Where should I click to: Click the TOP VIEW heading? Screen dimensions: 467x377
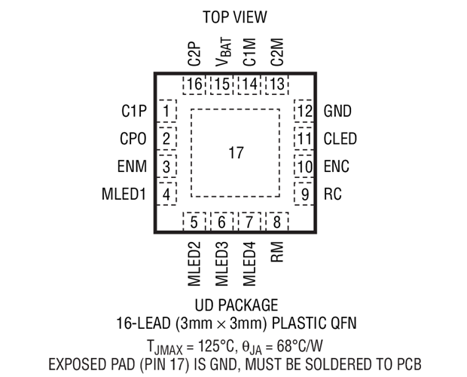tap(235, 17)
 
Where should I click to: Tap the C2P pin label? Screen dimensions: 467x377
tap(194, 54)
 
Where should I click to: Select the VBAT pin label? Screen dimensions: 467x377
tap(223, 52)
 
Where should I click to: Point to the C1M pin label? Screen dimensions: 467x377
tap(249, 52)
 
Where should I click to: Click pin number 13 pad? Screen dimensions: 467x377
tap(276, 84)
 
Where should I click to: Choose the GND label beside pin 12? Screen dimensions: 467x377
tap(337, 111)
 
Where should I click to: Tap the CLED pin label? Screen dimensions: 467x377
tap(340, 139)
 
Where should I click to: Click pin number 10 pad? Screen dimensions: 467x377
tap(304, 167)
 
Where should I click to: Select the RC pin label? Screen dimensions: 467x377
tap(333, 195)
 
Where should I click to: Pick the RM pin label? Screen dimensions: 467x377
tap(277, 252)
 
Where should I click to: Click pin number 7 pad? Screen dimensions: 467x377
tap(249, 222)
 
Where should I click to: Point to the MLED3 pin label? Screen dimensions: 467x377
tap(221, 264)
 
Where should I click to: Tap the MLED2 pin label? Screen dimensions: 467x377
tap(194, 264)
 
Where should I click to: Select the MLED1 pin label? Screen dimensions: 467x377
tap(124, 195)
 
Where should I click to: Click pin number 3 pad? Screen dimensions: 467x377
tap(166, 167)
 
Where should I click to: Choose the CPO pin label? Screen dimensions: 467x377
tap(133, 139)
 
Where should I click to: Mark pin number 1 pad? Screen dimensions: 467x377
tap(166, 111)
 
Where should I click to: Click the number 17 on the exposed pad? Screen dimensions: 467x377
tap(236, 153)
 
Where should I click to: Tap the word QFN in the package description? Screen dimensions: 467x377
tap(343, 323)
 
